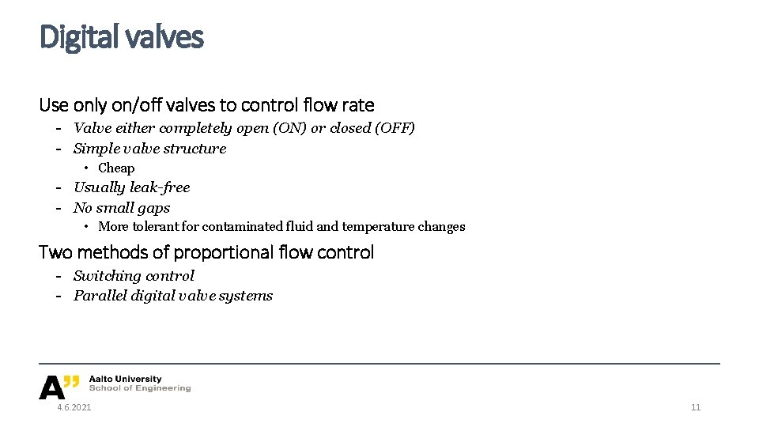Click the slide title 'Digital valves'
coord(121,36)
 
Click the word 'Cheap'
coord(116,168)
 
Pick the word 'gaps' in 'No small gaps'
coord(154,208)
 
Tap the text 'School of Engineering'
coord(140,388)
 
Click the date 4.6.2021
coord(74,407)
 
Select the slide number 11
coord(696,407)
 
